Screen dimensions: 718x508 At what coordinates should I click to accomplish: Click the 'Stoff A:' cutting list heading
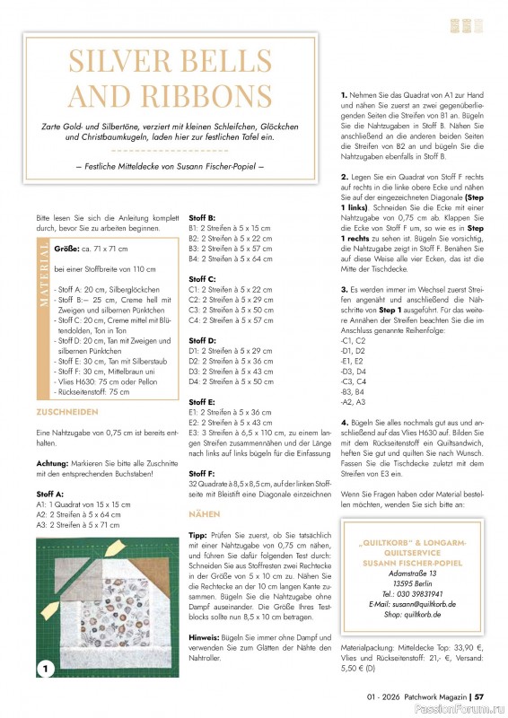[x=48, y=494]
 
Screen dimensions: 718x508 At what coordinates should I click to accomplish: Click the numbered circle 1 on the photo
[x=47, y=667]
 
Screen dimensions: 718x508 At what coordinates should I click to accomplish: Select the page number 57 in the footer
[x=479, y=696]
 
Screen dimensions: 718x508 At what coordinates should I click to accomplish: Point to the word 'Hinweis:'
[x=204, y=636]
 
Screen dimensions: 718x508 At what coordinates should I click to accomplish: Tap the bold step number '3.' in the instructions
[x=344, y=290]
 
